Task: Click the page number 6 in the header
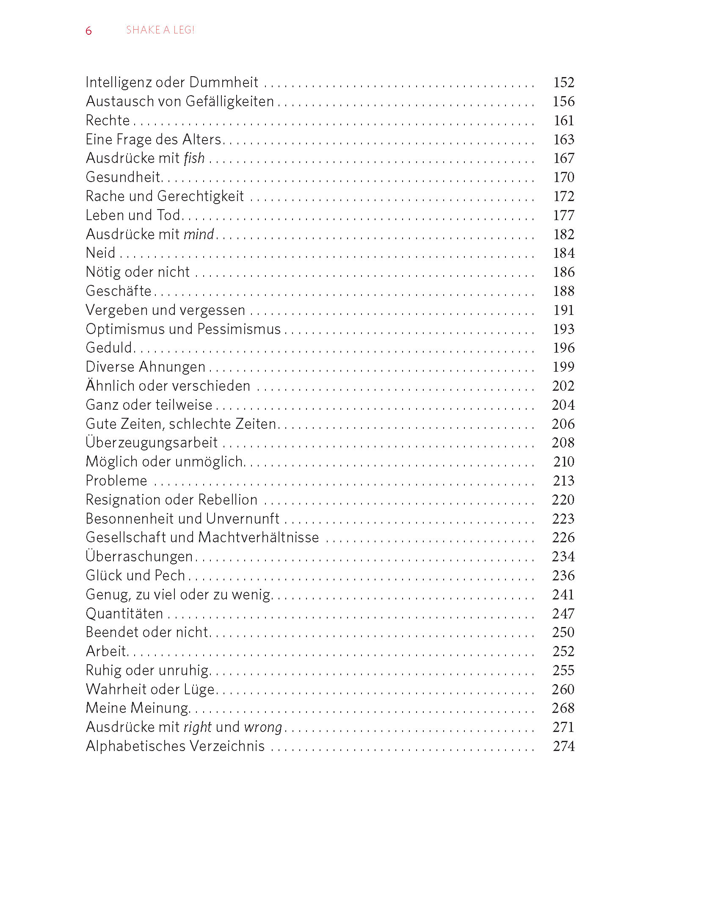[x=88, y=30]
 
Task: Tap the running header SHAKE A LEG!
[x=160, y=30]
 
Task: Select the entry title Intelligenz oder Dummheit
[x=172, y=82]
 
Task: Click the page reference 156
[x=563, y=101]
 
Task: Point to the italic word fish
[x=194, y=158]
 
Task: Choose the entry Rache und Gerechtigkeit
[x=165, y=196]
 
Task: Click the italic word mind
[x=199, y=234]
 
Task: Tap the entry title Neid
[x=100, y=253]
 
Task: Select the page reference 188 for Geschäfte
[x=563, y=291]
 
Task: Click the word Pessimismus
[x=239, y=329]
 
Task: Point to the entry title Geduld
[x=109, y=348]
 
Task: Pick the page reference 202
[x=563, y=386]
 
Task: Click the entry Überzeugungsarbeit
[x=152, y=442]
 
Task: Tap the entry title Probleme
[x=116, y=480]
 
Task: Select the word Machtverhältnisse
[x=259, y=537]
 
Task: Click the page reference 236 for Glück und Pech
[x=563, y=575]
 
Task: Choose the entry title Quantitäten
[x=124, y=613]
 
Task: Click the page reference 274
[x=563, y=746]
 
